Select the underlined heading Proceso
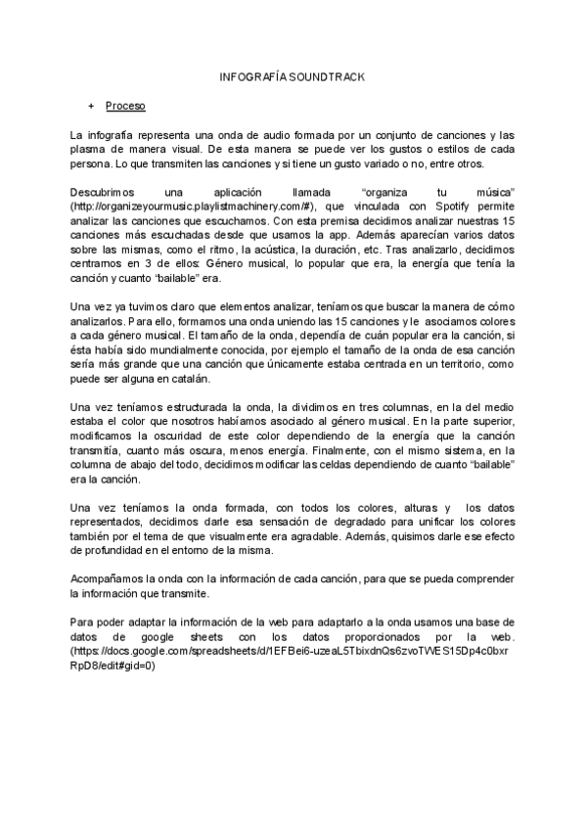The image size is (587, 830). pos(126,105)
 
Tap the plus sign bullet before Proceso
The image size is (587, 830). pos(91,105)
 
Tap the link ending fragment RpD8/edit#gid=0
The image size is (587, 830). pos(113,666)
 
